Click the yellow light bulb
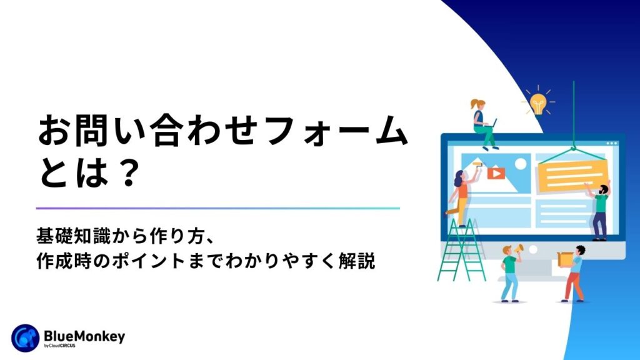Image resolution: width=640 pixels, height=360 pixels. pyautogui.click(x=538, y=104)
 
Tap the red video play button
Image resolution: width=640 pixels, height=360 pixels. pyautogui.click(x=496, y=174)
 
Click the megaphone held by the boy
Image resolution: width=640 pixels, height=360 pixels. pyautogui.click(x=519, y=248)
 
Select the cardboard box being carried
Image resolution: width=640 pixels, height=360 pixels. pyautogui.click(x=565, y=259)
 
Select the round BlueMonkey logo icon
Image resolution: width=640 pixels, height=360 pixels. pyautogui.click(x=25, y=338)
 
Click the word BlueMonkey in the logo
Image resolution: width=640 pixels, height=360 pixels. pyautogui.click(x=84, y=337)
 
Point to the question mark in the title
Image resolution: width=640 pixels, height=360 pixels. pyautogui.click(x=129, y=173)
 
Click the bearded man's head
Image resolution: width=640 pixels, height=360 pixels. pyautogui.click(x=603, y=190)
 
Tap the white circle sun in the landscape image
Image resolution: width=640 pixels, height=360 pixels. pyautogui.click(x=521, y=164)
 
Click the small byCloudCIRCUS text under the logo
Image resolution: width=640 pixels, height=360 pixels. pyautogui.click(x=59, y=346)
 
